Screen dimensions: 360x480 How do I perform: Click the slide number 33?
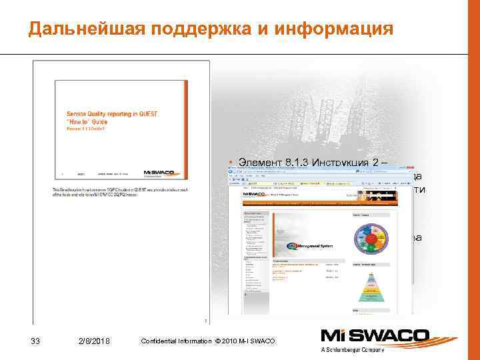[x=36, y=341]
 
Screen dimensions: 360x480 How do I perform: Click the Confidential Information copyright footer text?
[x=207, y=341]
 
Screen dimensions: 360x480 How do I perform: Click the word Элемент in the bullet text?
[x=252, y=161]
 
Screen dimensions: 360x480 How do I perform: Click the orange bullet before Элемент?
[x=229, y=161]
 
